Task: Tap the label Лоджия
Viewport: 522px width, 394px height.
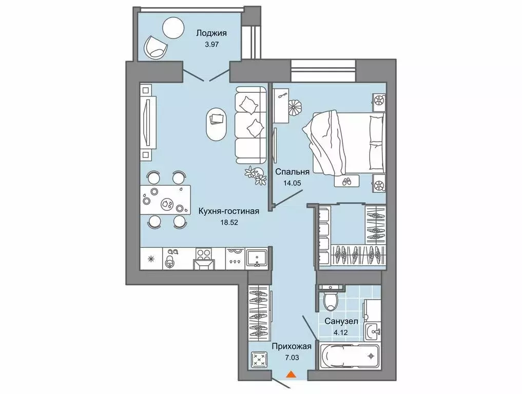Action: pyautogui.click(x=211, y=34)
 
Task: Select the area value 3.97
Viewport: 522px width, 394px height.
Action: pyautogui.click(x=211, y=45)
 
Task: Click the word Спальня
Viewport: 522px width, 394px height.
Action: pyautogui.click(x=291, y=172)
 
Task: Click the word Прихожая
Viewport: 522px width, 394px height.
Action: pyautogui.click(x=292, y=346)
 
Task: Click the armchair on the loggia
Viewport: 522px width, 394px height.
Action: pyautogui.click(x=155, y=47)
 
